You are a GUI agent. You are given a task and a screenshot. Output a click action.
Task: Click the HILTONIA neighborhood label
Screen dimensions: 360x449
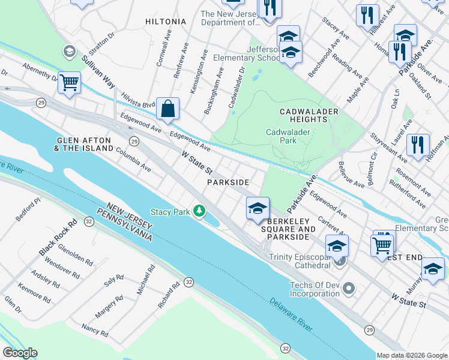166,21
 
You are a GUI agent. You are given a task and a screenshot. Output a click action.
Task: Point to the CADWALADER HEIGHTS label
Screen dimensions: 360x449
309,115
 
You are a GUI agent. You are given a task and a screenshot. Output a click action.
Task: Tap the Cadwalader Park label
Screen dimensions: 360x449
282,136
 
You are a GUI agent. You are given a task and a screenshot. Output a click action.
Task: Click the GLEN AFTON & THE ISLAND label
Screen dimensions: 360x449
85,143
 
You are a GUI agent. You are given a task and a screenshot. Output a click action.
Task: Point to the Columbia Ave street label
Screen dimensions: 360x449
133,157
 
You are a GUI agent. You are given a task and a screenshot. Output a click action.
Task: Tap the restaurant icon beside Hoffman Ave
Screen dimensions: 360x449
418,145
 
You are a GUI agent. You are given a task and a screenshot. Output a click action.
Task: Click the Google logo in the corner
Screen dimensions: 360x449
20,353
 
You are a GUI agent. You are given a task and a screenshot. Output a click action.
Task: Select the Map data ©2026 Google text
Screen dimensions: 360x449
412,355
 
